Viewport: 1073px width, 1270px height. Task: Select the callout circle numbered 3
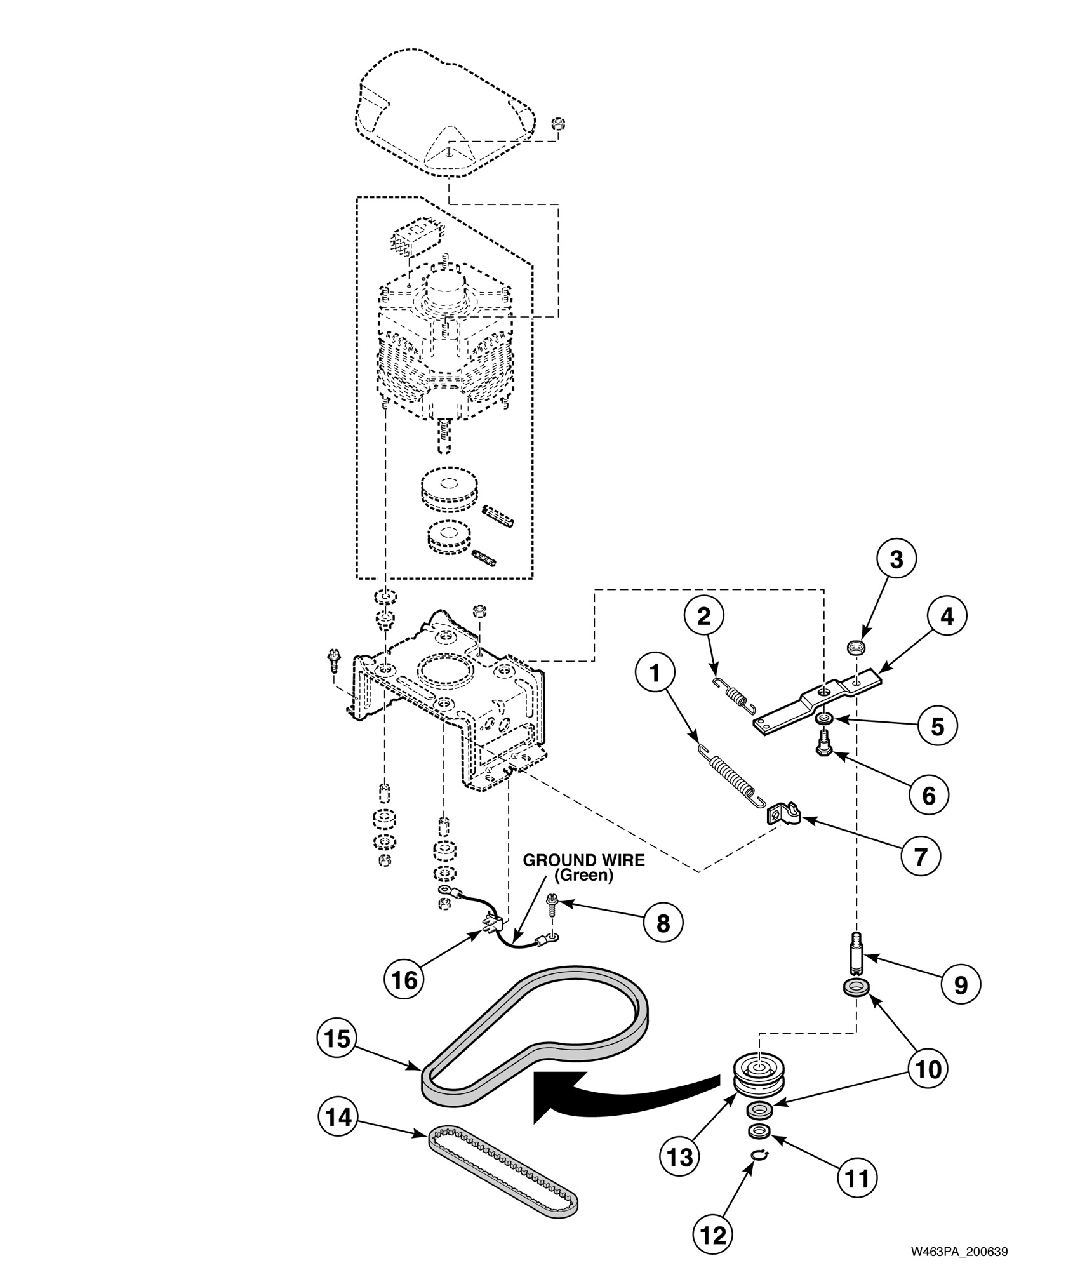[896, 559]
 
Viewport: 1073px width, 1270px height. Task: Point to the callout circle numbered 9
[961, 985]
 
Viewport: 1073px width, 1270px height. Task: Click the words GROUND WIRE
[583, 860]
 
